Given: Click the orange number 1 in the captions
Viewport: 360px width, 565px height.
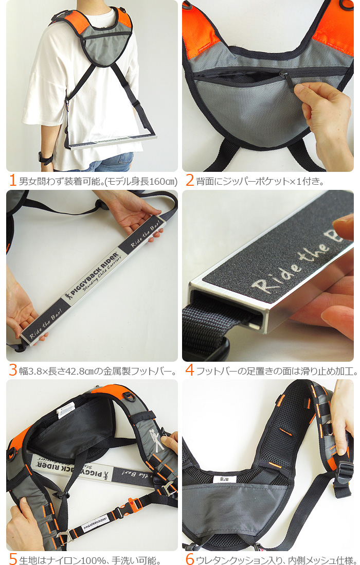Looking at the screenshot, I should [x=12, y=181].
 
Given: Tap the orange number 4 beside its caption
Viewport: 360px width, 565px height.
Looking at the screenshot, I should [x=189, y=370].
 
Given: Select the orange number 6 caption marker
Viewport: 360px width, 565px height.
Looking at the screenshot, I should [x=190, y=559].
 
